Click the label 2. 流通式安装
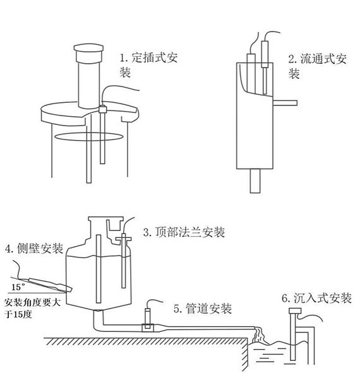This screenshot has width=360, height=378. pos(315,66)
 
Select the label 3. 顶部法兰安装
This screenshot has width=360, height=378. pos(184,232)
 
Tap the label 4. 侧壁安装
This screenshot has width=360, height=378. pos(33,249)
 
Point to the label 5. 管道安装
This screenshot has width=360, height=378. pos(202,309)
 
